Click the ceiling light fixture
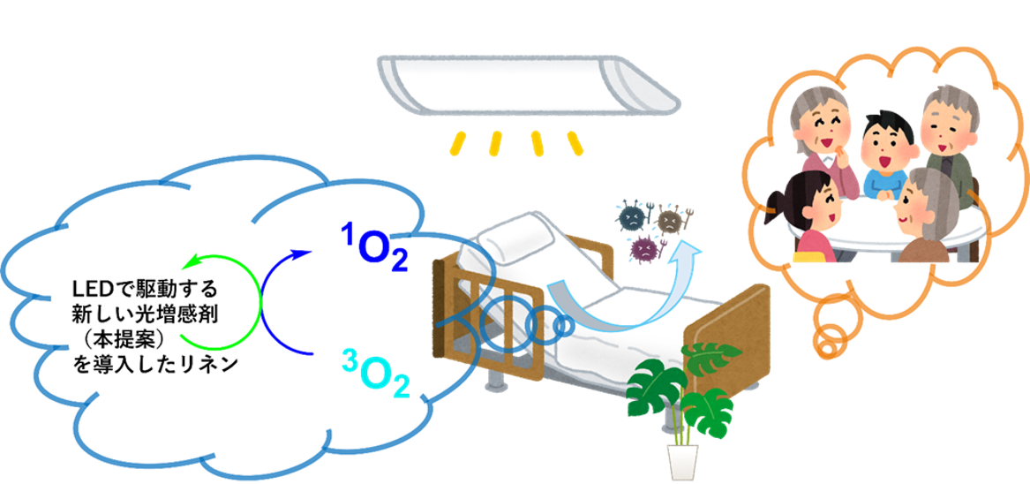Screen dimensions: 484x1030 click(x=528, y=84)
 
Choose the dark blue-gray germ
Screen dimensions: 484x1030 click(x=633, y=216)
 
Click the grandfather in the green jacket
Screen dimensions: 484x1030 click(x=946, y=141)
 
